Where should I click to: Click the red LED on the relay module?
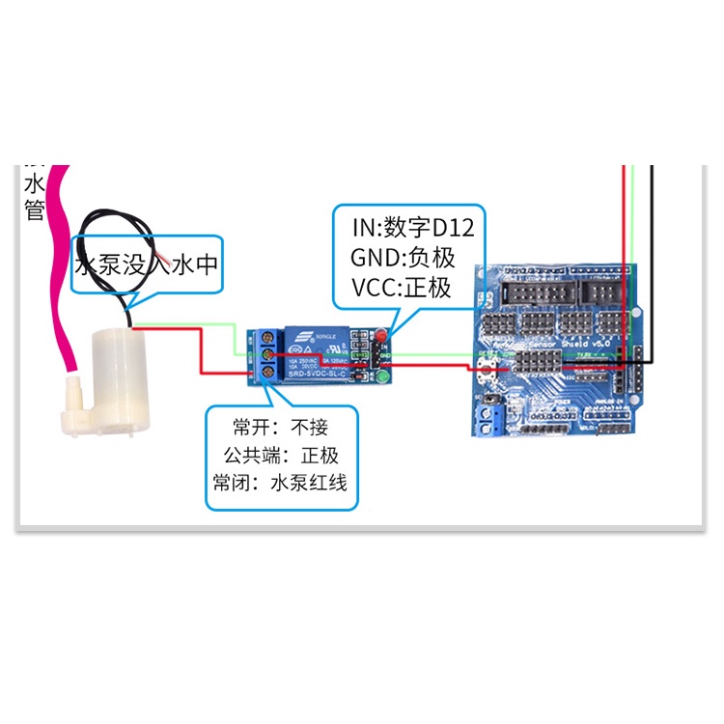coord(382,337)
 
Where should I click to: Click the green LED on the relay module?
coord(382,376)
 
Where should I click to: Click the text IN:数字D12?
coord(412,229)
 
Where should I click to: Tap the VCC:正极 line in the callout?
coord(402,287)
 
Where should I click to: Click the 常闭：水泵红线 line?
coord(280,483)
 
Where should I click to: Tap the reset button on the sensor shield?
coord(487,369)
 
